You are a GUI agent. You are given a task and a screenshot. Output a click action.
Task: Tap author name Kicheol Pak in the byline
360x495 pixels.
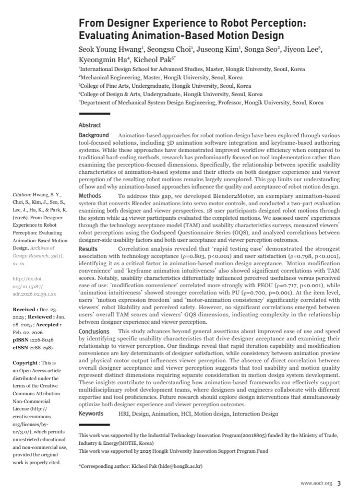156,59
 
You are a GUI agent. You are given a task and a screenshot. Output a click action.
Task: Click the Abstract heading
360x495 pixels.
90,125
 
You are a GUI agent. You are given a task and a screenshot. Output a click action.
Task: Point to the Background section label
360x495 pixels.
94,135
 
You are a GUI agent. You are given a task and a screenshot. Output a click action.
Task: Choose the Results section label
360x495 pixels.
88,249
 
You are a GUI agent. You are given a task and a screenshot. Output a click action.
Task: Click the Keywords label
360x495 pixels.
91,414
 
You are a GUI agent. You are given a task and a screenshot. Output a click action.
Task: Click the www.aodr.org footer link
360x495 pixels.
316,483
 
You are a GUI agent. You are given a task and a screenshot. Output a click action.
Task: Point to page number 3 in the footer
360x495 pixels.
339,483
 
